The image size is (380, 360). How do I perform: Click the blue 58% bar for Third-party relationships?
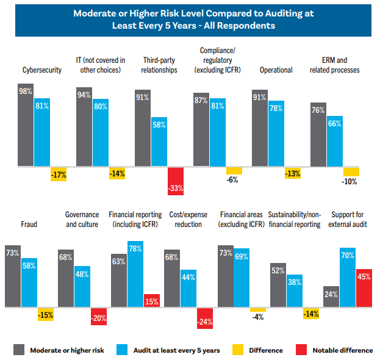point(159,142)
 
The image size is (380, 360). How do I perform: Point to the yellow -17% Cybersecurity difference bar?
point(58,173)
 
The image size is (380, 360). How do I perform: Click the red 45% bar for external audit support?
point(364,287)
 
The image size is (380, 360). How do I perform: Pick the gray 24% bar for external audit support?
point(331,296)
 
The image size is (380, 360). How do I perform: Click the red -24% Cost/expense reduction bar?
point(205,318)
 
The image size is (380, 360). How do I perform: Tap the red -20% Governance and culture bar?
point(99,315)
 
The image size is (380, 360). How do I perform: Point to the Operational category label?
point(276,70)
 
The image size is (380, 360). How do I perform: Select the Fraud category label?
point(28,224)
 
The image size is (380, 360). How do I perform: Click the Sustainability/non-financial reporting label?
point(294,220)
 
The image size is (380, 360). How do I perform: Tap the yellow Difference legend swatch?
point(242,350)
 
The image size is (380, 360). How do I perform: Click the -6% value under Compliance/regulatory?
point(233,179)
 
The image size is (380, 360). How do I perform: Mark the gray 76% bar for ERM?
point(318,139)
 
